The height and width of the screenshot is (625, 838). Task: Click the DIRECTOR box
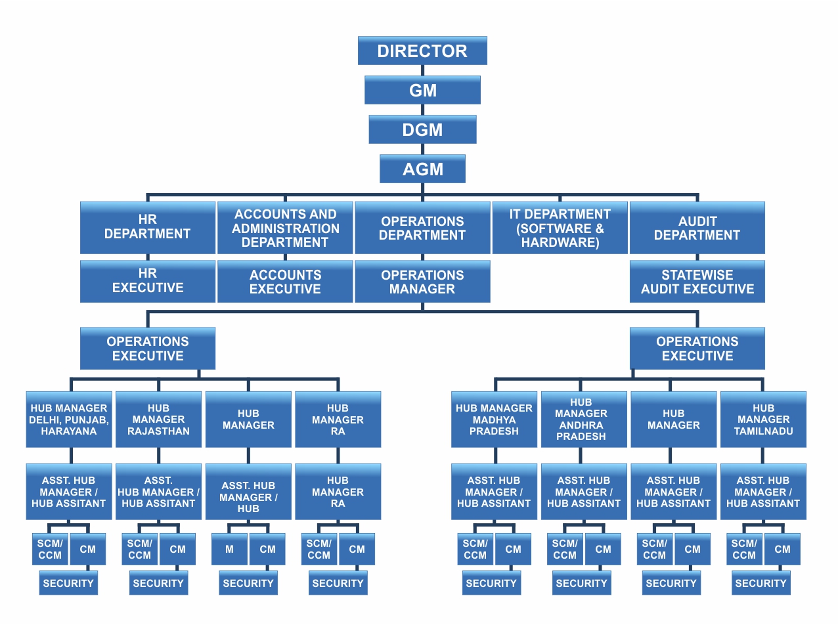click(x=422, y=51)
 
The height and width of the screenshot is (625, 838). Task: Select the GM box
click(x=422, y=90)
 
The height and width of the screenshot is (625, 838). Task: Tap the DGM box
click(x=422, y=129)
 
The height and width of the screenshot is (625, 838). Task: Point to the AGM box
click(x=422, y=169)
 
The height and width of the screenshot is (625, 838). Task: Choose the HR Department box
click(x=148, y=227)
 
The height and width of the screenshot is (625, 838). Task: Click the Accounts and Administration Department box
click(x=285, y=227)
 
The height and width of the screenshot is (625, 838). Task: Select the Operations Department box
click(x=422, y=227)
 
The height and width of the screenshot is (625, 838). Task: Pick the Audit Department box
click(x=697, y=227)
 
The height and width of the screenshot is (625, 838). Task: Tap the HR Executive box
click(x=148, y=281)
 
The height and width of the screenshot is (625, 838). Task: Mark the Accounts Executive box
click(x=285, y=281)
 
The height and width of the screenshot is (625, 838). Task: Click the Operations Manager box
click(x=422, y=281)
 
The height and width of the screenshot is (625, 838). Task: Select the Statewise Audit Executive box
click(x=697, y=281)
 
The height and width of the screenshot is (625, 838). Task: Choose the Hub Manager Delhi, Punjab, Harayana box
click(x=68, y=420)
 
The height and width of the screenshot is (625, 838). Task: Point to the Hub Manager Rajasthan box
click(x=158, y=420)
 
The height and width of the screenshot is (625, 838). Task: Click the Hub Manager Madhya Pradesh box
click(x=494, y=420)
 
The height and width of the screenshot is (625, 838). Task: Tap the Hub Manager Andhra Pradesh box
click(x=584, y=420)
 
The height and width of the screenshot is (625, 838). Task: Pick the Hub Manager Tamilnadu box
click(x=763, y=420)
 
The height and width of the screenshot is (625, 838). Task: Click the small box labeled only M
click(x=229, y=549)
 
